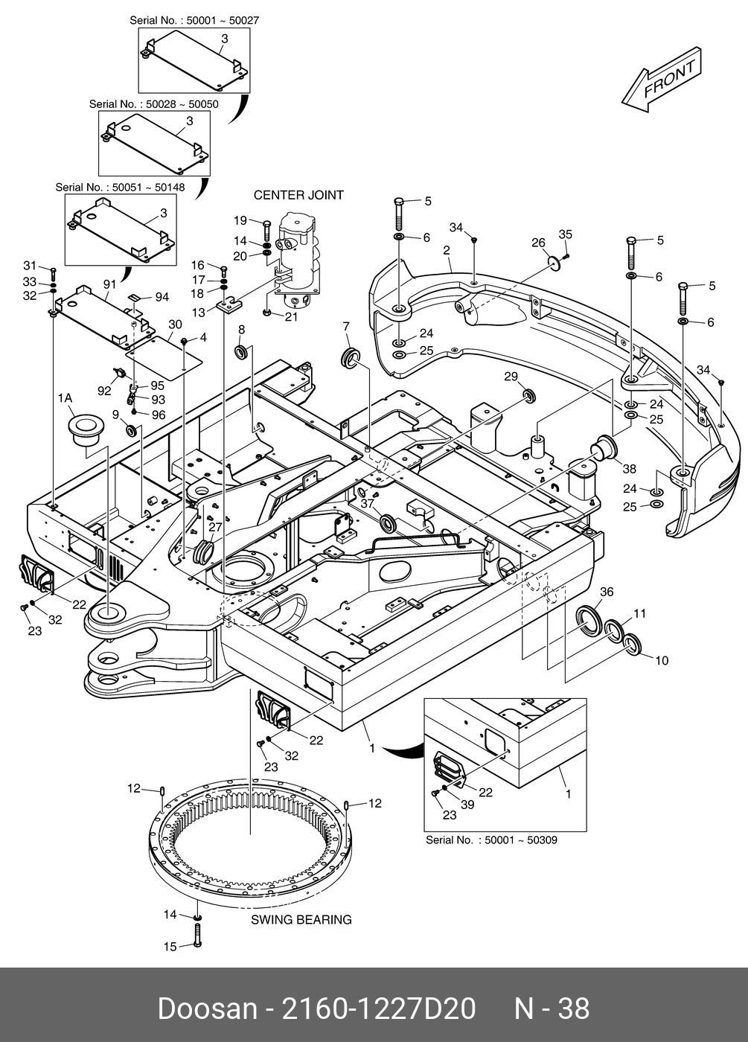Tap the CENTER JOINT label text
tap(298, 195)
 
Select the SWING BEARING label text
tap(301, 920)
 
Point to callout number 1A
tap(65, 399)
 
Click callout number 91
tap(109, 284)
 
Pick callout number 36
tap(607, 592)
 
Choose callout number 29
tap(511, 377)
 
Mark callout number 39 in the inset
tap(467, 805)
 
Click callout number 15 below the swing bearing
tap(170, 947)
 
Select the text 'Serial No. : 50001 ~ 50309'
tap(491, 840)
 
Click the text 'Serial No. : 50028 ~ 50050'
tap(153, 104)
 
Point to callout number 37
tap(367, 504)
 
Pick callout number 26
tap(538, 243)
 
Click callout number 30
tap(175, 325)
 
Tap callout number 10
tap(662, 660)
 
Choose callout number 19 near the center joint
tap(240, 220)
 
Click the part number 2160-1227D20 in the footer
tap(377, 1009)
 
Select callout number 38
tap(630, 469)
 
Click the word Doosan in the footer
tap(206, 1009)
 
